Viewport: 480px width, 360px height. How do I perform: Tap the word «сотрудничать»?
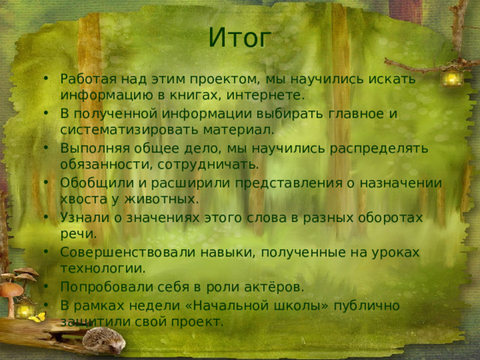pos(220,164)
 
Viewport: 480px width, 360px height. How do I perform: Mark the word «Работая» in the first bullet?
pos(86,79)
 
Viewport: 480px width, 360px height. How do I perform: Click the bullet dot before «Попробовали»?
pos(47,287)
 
